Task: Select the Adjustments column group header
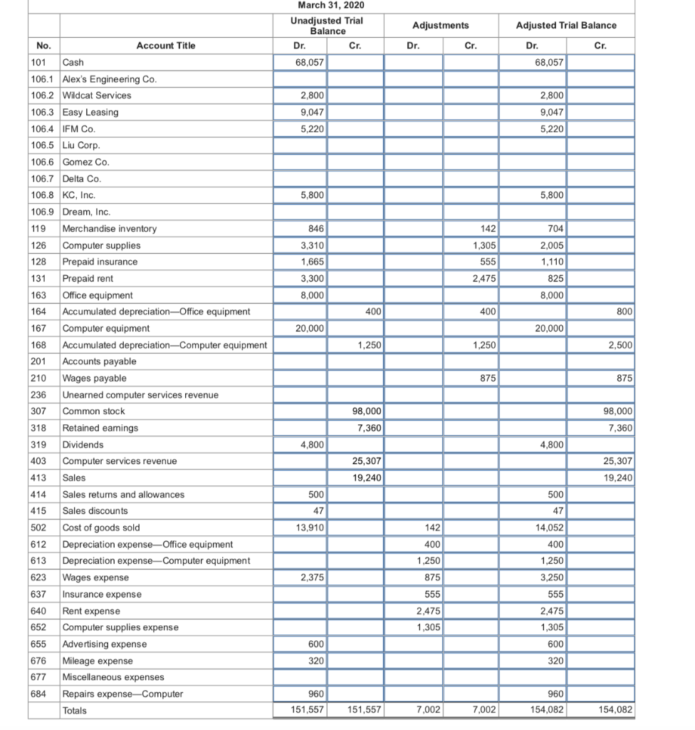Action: [441, 26]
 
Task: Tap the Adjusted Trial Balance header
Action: [566, 26]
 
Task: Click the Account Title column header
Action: [166, 46]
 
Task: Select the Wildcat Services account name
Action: [97, 96]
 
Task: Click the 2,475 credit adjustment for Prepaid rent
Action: [485, 279]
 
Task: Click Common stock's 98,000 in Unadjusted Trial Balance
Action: [367, 411]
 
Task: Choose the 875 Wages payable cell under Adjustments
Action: [488, 379]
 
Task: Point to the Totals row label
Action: [75, 711]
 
